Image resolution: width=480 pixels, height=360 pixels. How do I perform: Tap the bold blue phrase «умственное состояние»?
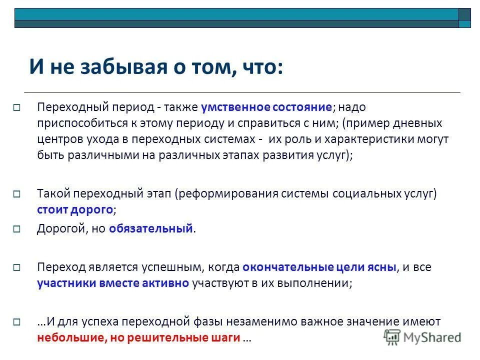[x=266, y=107]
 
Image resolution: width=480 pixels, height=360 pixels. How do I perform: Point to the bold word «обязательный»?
[x=151, y=229]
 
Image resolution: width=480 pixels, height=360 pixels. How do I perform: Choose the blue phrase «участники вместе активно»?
[x=112, y=283]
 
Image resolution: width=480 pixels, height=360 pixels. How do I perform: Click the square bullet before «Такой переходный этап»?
[x=16, y=193]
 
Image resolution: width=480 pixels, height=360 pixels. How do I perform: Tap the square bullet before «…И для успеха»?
[x=16, y=321]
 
